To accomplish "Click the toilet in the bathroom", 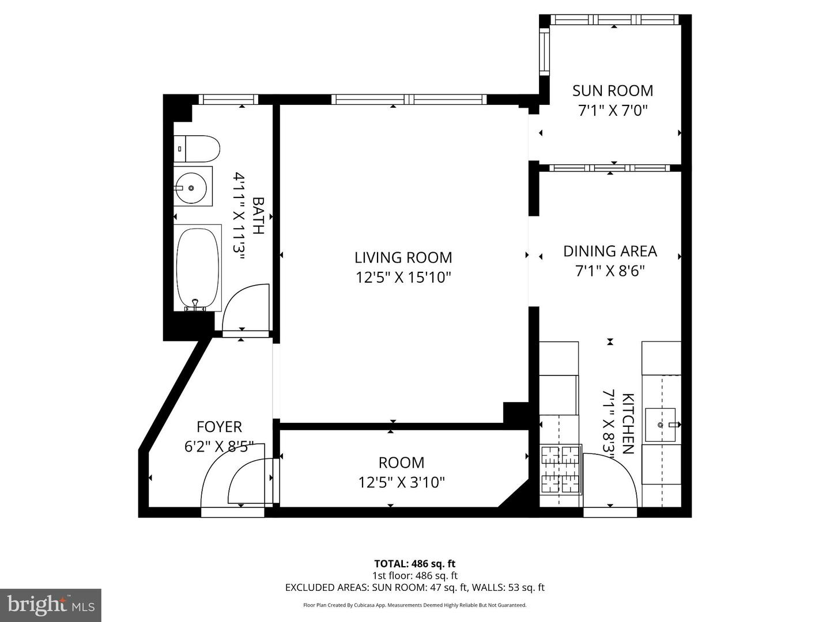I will [x=197, y=149].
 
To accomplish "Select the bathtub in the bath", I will [x=198, y=268].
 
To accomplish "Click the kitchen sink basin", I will [x=660, y=424].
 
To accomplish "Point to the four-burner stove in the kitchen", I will [x=560, y=469].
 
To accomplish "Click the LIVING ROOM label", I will [x=403, y=257].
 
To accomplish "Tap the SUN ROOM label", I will [x=613, y=90].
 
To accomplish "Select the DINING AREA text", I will [x=610, y=251].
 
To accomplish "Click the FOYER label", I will [x=219, y=427].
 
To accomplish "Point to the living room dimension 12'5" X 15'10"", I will [x=403, y=278].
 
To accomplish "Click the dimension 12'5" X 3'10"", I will [x=402, y=482].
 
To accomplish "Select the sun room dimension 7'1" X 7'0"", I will [x=613, y=110].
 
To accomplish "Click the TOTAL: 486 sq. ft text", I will [x=414, y=564].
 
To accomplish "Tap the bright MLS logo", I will [x=51, y=605].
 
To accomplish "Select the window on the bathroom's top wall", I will [x=228, y=100].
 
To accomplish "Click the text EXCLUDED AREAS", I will [x=327, y=587].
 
